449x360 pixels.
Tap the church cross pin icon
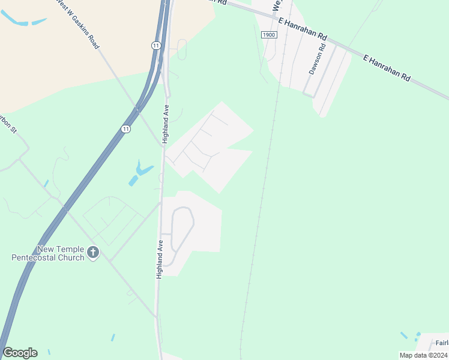(x=92, y=253)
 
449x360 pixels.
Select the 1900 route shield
(x=269, y=35)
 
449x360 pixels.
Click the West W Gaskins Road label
(x=77, y=23)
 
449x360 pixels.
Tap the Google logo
(x=20, y=353)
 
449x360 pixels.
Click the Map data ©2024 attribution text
(x=424, y=355)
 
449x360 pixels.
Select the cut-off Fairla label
(x=442, y=343)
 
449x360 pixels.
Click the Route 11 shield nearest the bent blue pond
(x=125, y=129)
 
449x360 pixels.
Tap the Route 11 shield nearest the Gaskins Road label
(x=155, y=46)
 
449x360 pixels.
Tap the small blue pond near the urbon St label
(x=46, y=183)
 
